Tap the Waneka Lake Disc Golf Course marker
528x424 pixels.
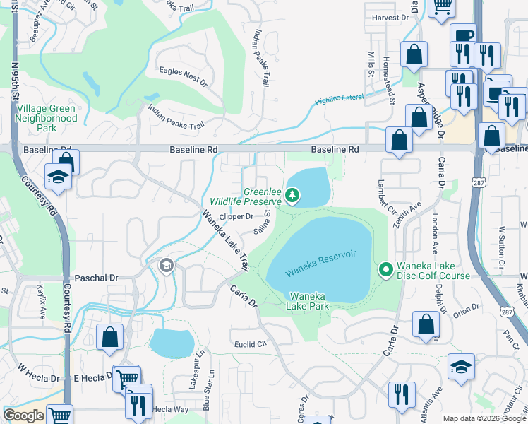click(x=386, y=269)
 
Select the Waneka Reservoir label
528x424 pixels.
click(x=318, y=263)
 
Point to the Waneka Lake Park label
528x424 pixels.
click(x=308, y=301)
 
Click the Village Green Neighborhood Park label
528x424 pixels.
click(x=46, y=118)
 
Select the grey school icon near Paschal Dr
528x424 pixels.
click(x=167, y=266)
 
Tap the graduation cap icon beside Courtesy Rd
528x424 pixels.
click(x=56, y=177)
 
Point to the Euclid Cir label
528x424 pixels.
click(x=251, y=344)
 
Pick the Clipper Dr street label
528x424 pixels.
click(x=236, y=216)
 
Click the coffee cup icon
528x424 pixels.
click(x=462, y=35)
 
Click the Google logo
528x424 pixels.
click(x=24, y=416)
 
